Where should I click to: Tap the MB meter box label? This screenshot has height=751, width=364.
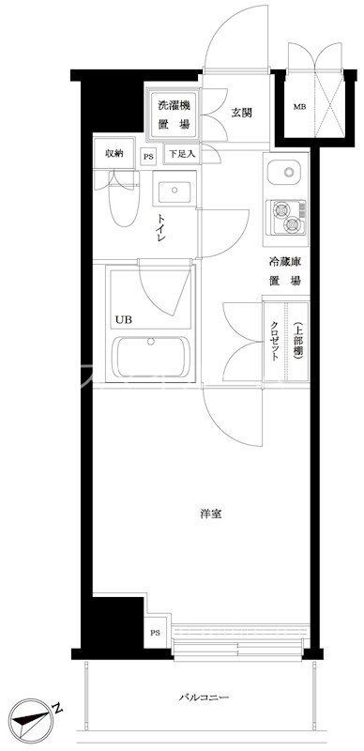[300, 106]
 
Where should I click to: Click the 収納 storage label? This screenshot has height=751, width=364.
[114, 153]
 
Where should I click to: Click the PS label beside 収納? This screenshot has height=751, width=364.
[148, 157]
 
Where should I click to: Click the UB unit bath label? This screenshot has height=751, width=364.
[124, 320]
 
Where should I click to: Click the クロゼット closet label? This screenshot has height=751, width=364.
[274, 341]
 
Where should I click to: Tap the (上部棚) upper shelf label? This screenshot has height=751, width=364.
[296, 340]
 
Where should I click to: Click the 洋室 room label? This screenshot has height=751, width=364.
[210, 513]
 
